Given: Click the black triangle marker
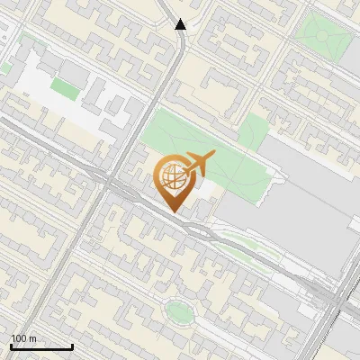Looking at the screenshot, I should [181, 24].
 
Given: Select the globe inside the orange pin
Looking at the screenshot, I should [171, 176].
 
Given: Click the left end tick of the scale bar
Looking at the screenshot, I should [10, 346].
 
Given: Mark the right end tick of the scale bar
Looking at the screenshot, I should [72, 346].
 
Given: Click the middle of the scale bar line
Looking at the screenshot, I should [40, 347].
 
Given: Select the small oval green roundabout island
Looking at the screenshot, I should [179, 312].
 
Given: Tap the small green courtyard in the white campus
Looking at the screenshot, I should [64, 87].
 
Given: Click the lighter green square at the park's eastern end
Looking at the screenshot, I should [253, 130].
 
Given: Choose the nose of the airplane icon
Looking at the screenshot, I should [213, 156].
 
